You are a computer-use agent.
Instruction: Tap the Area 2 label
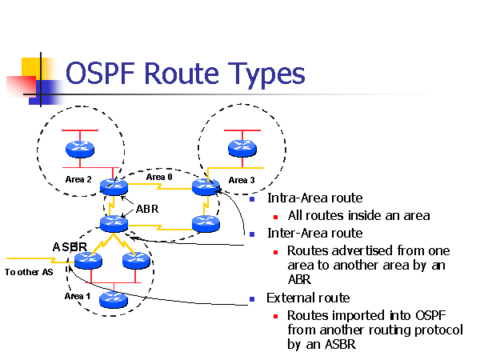78,178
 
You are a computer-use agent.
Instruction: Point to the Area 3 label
242,180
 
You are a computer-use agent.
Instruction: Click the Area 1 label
78,296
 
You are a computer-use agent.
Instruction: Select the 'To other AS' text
29,272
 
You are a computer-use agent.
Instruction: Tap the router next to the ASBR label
84,261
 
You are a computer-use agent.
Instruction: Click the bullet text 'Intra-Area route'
315,198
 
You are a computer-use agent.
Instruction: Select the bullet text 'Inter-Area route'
315,233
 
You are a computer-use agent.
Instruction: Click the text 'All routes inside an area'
358,215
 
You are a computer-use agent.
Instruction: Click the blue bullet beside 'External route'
252,298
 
